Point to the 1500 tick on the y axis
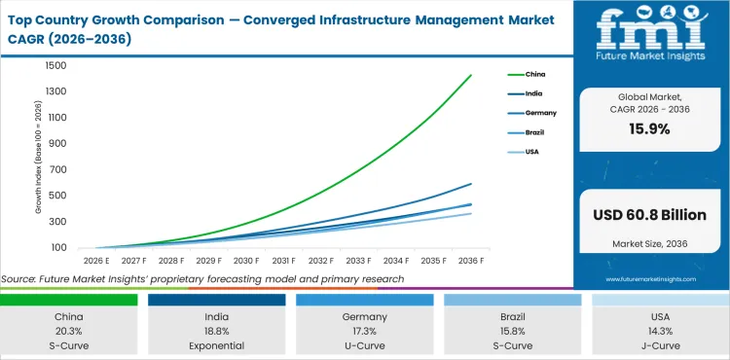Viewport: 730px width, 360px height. click(x=55, y=66)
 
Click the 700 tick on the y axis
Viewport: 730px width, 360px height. click(x=57, y=170)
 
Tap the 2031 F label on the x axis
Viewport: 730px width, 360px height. click(x=283, y=261)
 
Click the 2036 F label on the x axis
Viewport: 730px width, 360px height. click(x=471, y=261)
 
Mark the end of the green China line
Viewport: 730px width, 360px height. click(x=471, y=75)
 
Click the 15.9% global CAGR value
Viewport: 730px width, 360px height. click(x=650, y=128)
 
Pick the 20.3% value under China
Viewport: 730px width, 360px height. click(x=69, y=331)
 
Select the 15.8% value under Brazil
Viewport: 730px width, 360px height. click(x=512, y=331)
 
